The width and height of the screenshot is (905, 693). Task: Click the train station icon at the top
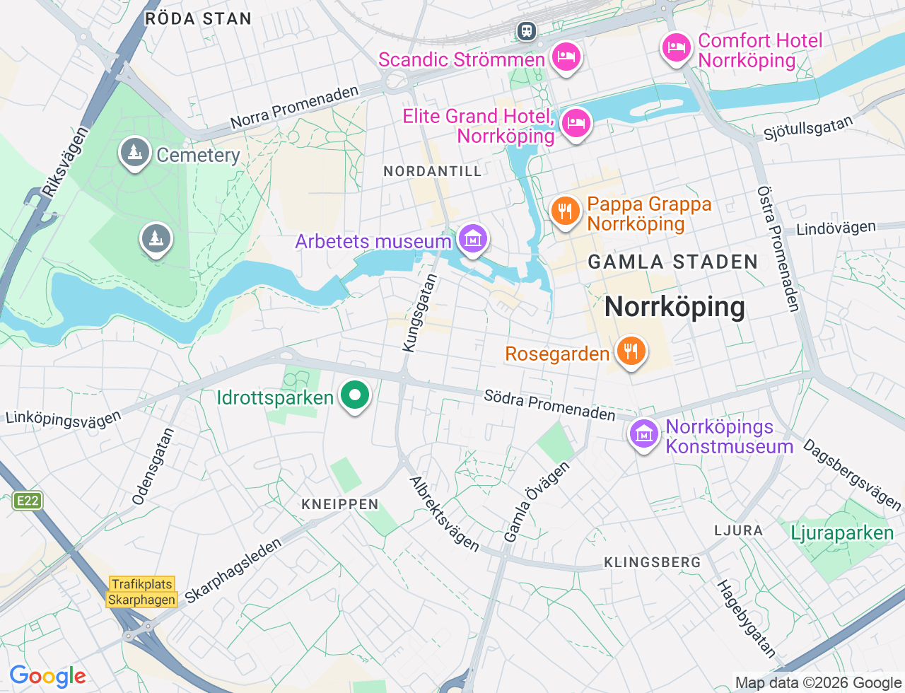[526, 30]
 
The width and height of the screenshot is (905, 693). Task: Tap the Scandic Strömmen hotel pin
[566, 56]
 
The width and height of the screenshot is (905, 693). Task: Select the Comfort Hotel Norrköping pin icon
[677, 48]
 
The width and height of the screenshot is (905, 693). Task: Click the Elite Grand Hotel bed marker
[576, 123]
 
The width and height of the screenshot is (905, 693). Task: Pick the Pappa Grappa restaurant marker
[565, 211]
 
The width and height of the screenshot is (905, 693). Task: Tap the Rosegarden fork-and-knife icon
[631, 351]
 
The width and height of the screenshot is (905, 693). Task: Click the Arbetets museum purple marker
[472, 239]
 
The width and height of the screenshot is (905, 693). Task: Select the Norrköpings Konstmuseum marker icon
[644, 433]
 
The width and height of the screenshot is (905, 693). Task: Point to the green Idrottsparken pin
[355, 395]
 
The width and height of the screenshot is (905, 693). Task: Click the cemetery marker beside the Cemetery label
[134, 151]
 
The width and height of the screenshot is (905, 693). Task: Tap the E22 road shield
[28, 501]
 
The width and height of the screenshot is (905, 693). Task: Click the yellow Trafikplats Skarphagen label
[142, 592]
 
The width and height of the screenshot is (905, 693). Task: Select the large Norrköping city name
[675, 307]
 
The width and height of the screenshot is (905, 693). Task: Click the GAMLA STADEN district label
[672, 262]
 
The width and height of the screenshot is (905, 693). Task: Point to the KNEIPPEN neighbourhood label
[340, 504]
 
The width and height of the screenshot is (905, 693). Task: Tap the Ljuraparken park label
[842, 532]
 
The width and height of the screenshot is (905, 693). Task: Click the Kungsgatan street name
[420, 313]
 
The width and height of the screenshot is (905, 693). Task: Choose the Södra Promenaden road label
[549, 404]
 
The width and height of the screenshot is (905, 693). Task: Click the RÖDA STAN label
[198, 19]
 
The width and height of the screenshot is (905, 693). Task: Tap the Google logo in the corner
[47, 677]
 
